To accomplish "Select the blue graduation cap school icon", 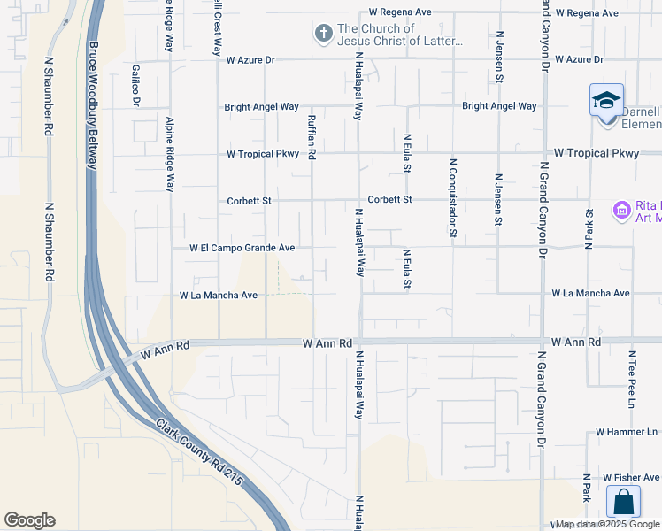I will tap(606, 100).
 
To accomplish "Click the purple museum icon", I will tap(621, 211).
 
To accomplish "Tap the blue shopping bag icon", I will tap(623, 501).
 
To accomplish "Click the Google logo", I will tap(29, 519).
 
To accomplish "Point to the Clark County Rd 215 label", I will tap(201, 462).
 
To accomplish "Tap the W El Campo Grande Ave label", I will tap(242, 249).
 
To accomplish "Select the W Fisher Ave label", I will tap(631, 477).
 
